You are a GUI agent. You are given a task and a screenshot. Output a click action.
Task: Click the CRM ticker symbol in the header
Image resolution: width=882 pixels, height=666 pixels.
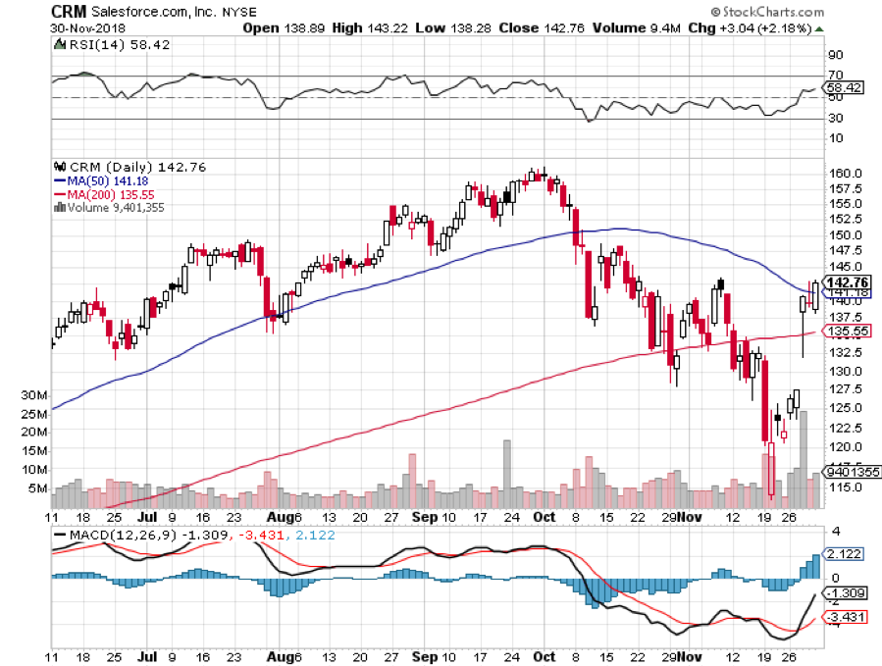point(68,12)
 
